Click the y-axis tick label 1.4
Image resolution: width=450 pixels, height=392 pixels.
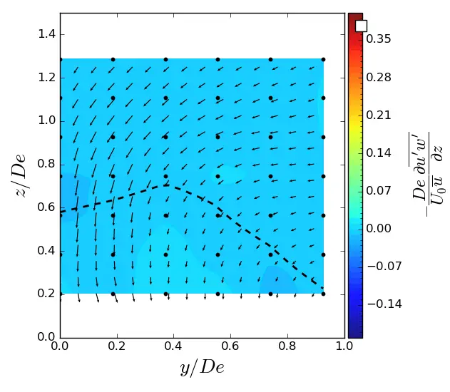click(45, 34)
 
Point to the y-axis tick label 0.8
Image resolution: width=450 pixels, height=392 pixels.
click(45, 164)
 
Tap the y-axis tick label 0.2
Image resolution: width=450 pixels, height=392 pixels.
click(45, 294)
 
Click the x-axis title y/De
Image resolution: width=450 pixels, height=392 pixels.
click(202, 368)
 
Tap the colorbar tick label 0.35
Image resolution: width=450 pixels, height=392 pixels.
click(378, 39)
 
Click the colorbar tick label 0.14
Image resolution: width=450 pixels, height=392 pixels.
click(378, 153)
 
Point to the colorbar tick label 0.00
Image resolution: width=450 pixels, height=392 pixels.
click(378, 228)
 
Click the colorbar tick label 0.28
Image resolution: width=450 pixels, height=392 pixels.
click(378, 77)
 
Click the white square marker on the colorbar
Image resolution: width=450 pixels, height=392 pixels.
click(361, 26)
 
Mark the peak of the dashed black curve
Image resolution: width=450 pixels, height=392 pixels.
click(165, 185)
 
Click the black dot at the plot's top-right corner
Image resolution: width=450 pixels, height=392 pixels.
click(323, 60)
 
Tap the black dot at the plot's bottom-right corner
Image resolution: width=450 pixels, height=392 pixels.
click(323, 294)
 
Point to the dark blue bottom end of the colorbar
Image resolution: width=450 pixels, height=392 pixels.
click(355, 334)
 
